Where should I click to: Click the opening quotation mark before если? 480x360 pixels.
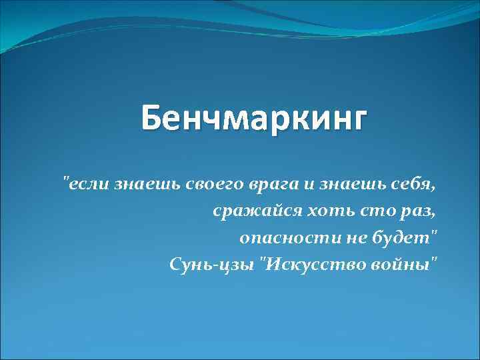click(65, 178)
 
